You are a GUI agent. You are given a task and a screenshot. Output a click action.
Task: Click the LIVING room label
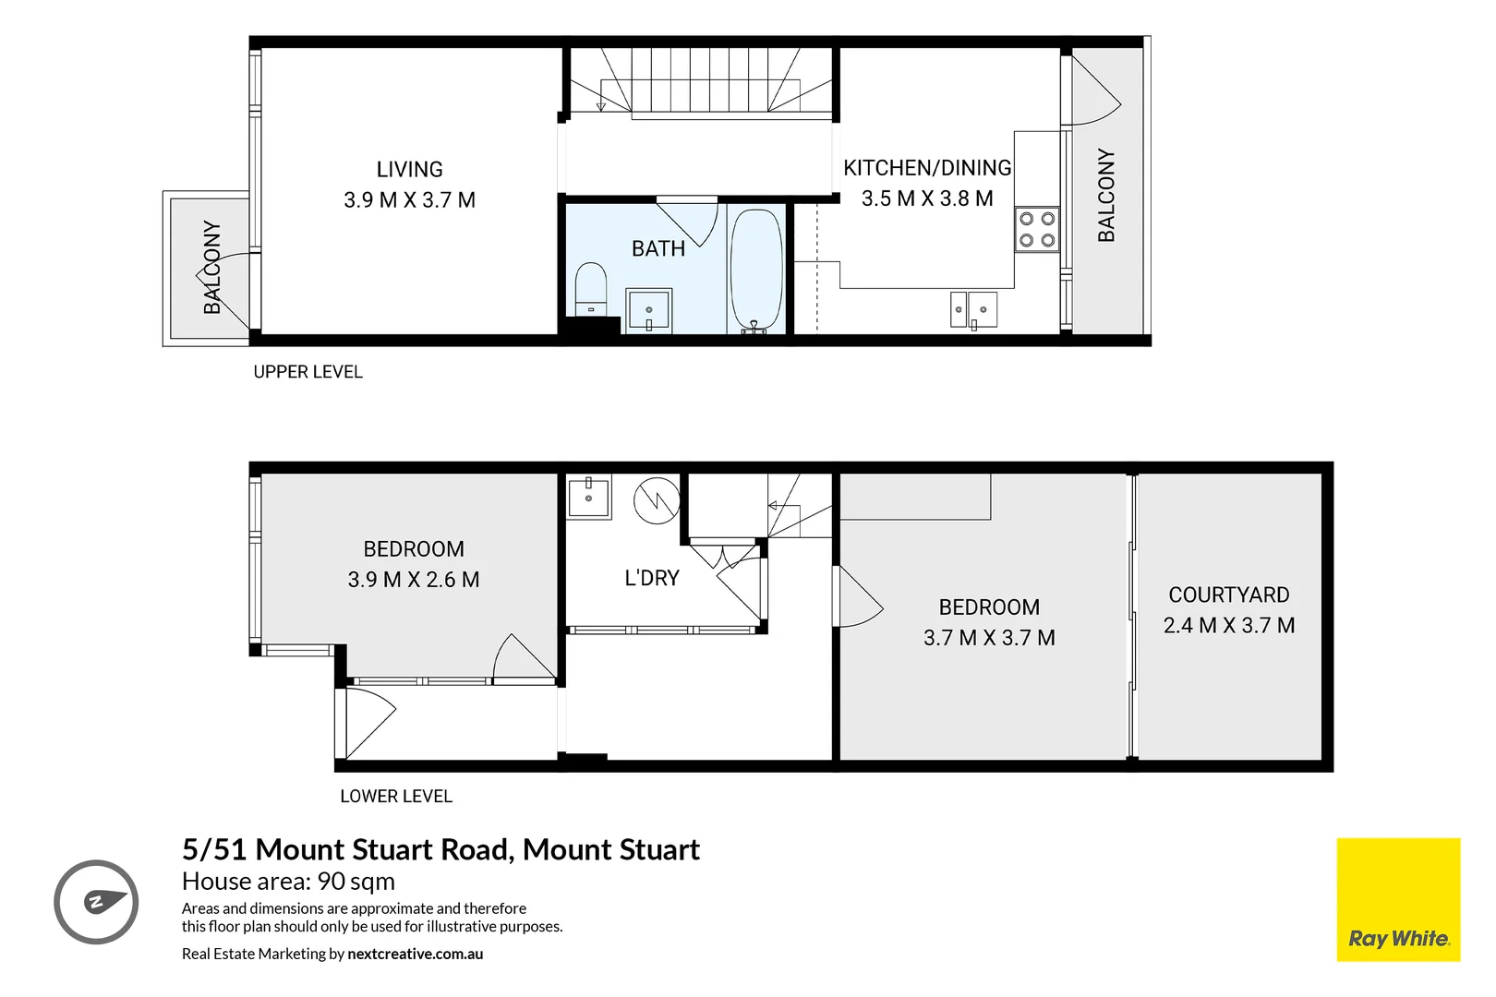(409, 170)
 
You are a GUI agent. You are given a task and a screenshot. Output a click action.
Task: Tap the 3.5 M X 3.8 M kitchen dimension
(927, 198)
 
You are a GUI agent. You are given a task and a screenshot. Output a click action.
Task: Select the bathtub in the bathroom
(756, 270)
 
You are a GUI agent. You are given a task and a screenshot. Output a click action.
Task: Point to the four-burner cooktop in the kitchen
(1036, 230)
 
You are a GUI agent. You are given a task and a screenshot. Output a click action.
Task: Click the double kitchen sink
(973, 309)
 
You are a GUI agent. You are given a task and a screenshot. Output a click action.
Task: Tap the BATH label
(658, 248)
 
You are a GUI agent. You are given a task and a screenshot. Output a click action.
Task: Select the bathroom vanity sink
(649, 310)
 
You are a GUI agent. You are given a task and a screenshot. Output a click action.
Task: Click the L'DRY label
(651, 578)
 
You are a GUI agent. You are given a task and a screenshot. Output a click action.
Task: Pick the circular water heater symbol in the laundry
(657, 500)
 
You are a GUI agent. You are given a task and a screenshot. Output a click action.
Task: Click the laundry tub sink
(588, 498)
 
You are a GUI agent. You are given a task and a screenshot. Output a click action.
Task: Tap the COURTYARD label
(1228, 595)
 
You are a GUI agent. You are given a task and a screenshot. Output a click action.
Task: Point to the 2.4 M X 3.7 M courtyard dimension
(1228, 625)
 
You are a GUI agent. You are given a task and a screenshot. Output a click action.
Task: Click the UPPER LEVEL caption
(308, 372)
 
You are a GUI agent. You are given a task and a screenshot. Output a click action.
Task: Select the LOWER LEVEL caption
(395, 796)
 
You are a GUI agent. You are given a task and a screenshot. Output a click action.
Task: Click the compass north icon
(96, 902)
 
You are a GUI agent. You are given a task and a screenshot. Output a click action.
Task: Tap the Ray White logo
(1398, 900)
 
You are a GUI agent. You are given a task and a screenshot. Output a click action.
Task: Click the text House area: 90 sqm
(288, 882)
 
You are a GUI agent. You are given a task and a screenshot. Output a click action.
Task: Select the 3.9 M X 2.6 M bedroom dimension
(413, 580)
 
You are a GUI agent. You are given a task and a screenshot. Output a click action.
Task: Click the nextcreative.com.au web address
(415, 954)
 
